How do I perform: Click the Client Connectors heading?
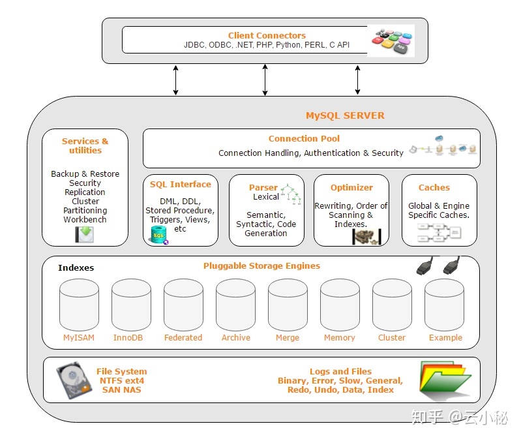pyautogui.click(x=267, y=35)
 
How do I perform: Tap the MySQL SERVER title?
pyautogui.click(x=345, y=115)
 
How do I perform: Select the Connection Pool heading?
pyautogui.click(x=304, y=138)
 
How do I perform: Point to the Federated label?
pyautogui.click(x=183, y=338)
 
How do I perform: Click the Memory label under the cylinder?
pyautogui.click(x=340, y=338)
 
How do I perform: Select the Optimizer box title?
pyautogui.click(x=351, y=187)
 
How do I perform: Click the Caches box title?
pyautogui.click(x=434, y=187)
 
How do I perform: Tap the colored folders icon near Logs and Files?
pyautogui.click(x=445, y=380)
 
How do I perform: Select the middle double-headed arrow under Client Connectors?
pyautogui.click(x=265, y=80)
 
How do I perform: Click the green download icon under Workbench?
pyautogui.click(x=83, y=234)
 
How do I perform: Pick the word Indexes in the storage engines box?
pyautogui.click(x=76, y=267)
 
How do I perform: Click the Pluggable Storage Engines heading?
pyautogui.click(x=261, y=265)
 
